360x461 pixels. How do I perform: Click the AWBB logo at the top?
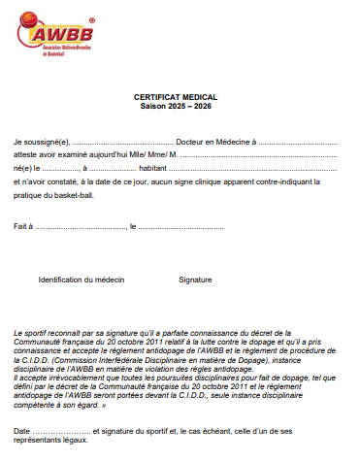(63, 38)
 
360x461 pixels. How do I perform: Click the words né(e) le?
(26, 168)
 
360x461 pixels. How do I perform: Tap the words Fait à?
(23, 226)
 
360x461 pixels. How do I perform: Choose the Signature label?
(195, 279)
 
